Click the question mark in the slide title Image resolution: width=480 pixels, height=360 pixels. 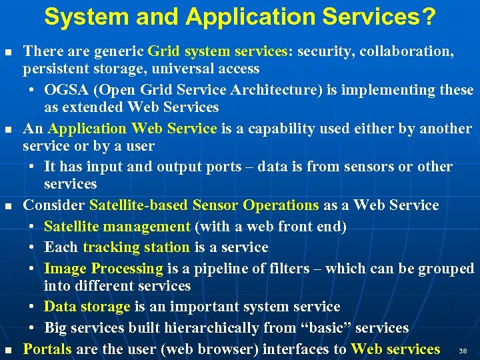pyautogui.click(x=430, y=17)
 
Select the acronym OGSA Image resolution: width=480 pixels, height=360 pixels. pyautogui.click(x=66, y=89)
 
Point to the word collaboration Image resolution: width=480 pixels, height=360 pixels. pyautogui.click(x=405, y=51)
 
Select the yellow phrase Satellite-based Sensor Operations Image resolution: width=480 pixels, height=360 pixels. pyautogui.click(x=204, y=205)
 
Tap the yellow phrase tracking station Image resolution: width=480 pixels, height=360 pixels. pyautogui.click(x=136, y=247)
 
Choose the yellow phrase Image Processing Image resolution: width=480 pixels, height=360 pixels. pyautogui.click(x=103, y=269)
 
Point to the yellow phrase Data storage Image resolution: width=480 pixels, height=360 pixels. pyautogui.click(x=87, y=307)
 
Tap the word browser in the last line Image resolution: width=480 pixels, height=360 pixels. pyautogui.click(x=220, y=349)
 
